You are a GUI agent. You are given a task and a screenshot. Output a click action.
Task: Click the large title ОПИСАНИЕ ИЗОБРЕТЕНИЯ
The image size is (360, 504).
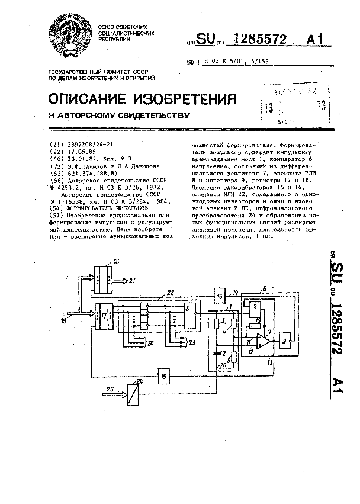point(142,97)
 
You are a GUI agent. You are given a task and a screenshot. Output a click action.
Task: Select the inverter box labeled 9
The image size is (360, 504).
point(286,342)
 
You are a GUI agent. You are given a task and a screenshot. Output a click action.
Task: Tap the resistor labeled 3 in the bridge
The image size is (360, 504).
point(216,323)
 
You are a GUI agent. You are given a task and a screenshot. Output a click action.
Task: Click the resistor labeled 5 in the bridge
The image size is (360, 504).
point(234,357)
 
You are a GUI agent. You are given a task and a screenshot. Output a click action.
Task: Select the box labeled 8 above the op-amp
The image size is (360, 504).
point(255,308)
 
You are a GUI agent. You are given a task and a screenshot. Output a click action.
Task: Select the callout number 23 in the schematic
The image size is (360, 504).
point(191,342)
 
